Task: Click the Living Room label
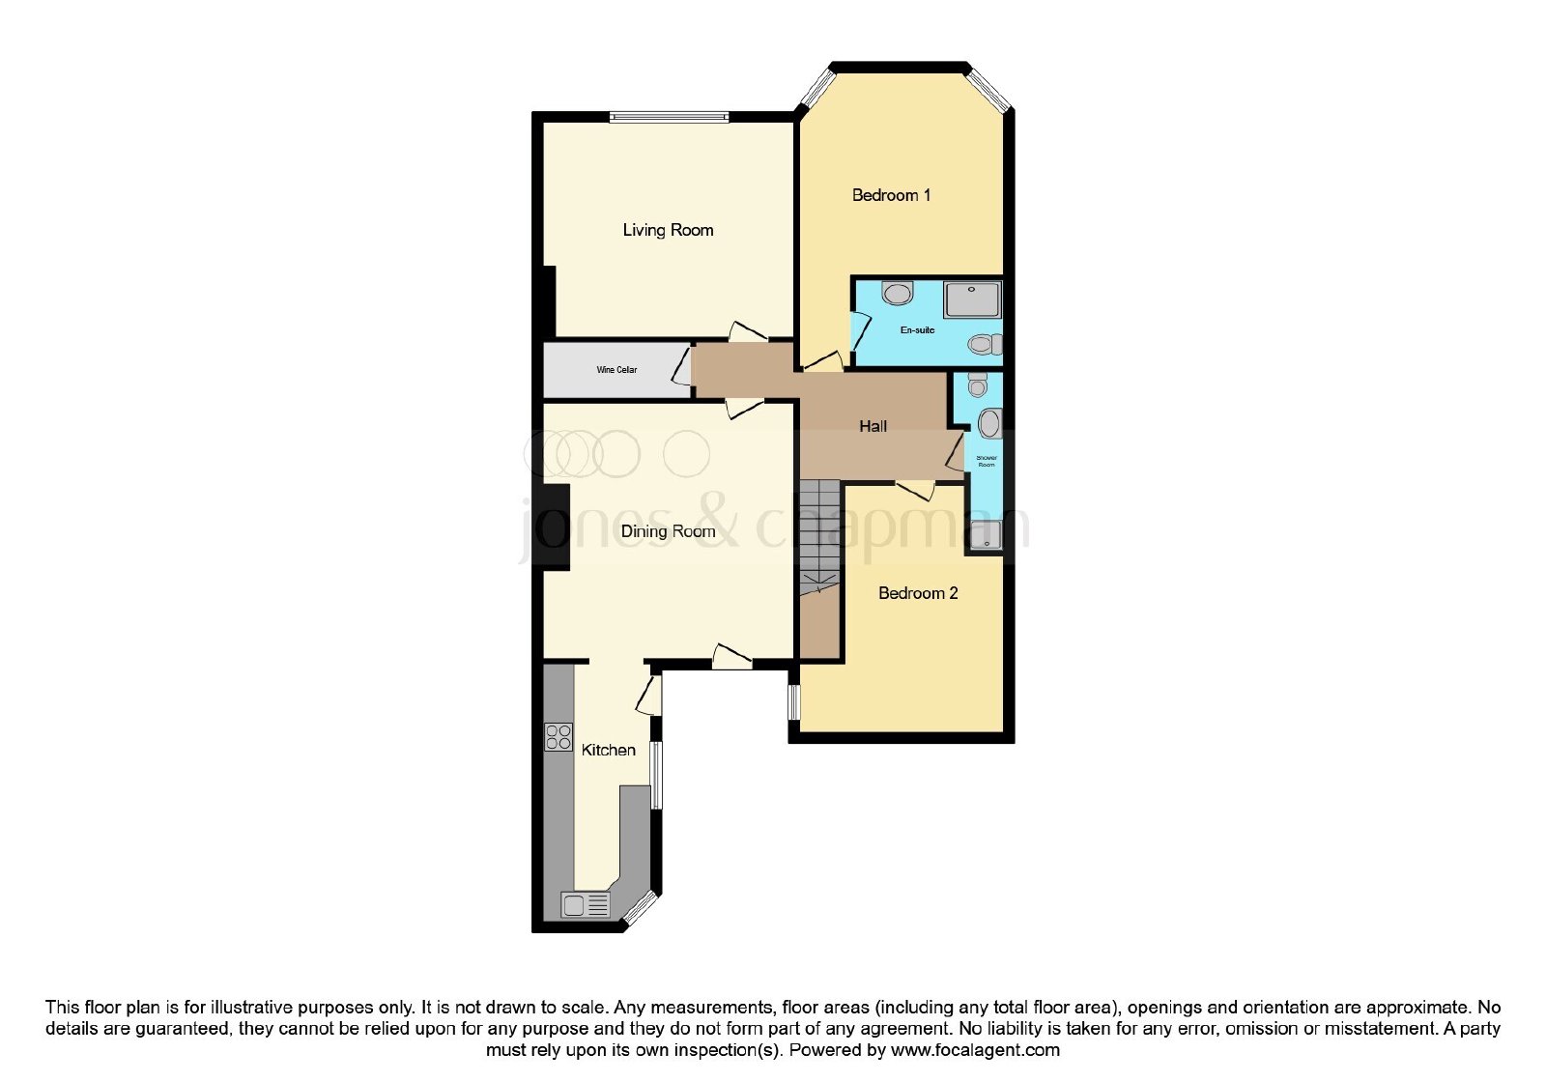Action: click(x=668, y=231)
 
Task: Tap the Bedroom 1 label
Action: click(x=891, y=195)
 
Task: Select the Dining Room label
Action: click(x=668, y=531)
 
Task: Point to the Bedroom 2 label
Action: click(x=917, y=593)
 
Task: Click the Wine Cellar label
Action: click(x=616, y=370)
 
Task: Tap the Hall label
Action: click(x=873, y=426)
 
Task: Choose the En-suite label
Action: click(x=917, y=330)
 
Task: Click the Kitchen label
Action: click(x=608, y=750)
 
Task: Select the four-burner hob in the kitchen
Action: click(x=558, y=736)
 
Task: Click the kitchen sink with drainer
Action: click(x=586, y=904)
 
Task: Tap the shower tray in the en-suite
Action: click(x=972, y=299)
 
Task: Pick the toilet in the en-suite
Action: click(x=985, y=344)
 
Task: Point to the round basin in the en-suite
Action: click(x=898, y=294)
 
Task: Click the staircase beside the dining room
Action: click(x=819, y=536)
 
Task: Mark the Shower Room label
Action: click(x=987, y=461)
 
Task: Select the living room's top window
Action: click(x=669, y=117)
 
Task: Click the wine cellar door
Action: click(x=682, y=366)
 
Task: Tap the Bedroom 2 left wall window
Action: click(x=794, y=702)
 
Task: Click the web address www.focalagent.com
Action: click(x=975, y=1050)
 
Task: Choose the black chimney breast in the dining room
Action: click(x=556, y=527)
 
